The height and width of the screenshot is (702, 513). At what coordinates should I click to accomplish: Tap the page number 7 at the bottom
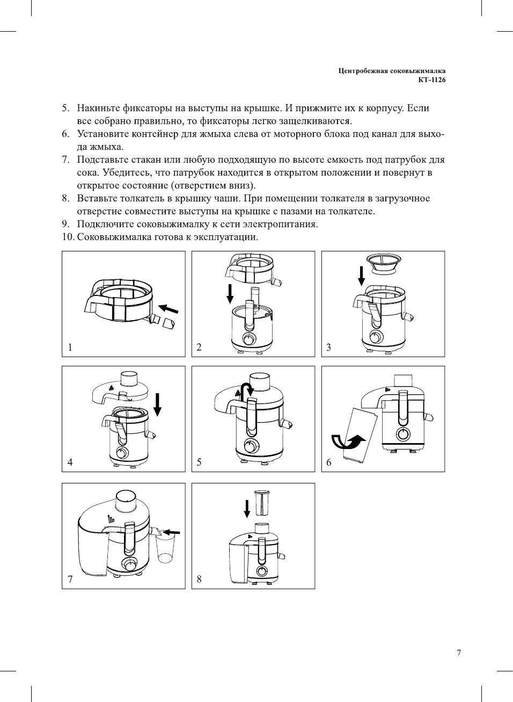458,653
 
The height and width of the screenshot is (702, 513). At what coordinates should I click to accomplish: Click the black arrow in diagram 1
169,309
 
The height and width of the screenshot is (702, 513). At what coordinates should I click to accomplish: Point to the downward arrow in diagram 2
230,293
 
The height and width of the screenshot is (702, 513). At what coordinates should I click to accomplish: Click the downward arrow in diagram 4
157,404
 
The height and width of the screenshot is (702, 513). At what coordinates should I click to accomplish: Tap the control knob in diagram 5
250,446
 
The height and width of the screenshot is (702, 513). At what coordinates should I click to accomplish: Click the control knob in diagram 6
402,434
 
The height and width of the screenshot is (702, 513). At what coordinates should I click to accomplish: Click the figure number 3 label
328,347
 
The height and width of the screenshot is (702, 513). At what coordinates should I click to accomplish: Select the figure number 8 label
199,578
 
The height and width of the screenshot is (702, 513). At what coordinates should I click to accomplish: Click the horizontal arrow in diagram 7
171,532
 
